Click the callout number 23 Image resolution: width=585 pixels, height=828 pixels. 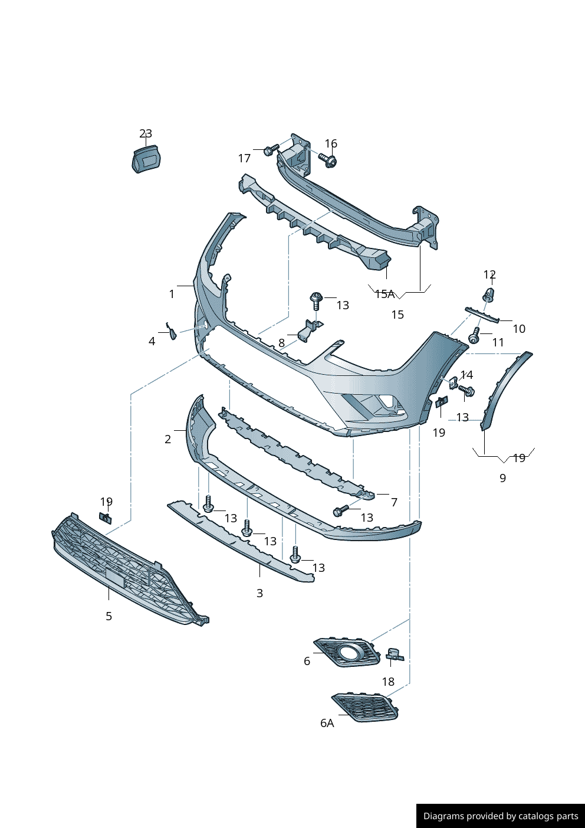[146, 134]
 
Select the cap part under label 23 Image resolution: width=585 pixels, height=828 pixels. [146, 158]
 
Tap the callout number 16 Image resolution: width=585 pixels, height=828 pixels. [331, 143]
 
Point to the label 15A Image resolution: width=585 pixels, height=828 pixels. [384, 294]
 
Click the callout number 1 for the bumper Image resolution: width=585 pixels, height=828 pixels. [172, 294]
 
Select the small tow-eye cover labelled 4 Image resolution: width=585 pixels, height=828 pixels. [172, 333]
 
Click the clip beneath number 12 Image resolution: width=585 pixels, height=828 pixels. [489, 295]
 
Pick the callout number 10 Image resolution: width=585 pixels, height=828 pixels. [519, 329]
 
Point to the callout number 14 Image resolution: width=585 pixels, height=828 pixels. [466, 375]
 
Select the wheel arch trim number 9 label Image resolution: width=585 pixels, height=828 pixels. [502, 478]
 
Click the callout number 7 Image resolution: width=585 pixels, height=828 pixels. [394, 502]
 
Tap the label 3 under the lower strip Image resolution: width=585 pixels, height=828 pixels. [259, 593]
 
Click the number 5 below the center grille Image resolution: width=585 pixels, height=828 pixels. [109, 616]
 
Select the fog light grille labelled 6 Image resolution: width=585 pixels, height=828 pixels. [347, 653]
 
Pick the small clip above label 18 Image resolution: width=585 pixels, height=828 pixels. [394, 654]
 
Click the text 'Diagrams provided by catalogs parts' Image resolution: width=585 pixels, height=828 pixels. [501, 816]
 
